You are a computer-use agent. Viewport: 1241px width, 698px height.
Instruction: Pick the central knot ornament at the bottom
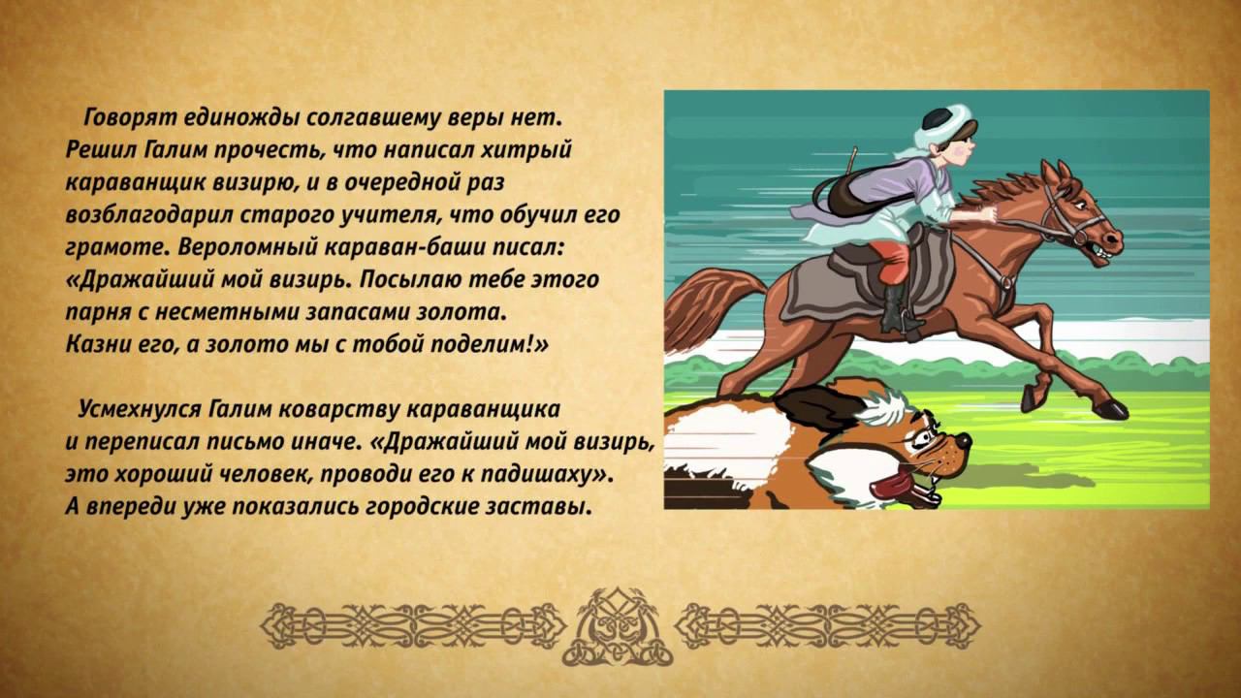pyautogui.click(x=620, y=625)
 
